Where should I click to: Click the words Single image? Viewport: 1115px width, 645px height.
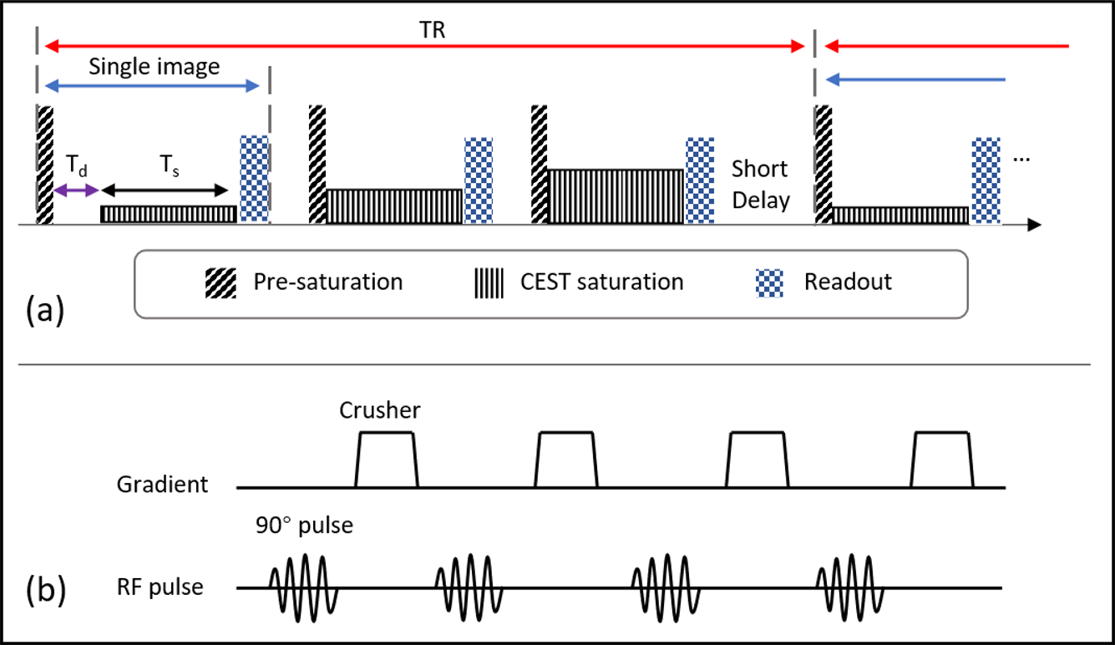pyautogui.click(x=155, y=67)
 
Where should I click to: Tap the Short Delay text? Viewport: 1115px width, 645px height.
pyautogui.click(x=760, y=185)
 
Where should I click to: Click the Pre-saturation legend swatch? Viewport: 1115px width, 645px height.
pyautogui.click(x=220, y=282)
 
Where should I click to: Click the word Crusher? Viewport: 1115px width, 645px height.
pyautogui.click(x=381, y=410)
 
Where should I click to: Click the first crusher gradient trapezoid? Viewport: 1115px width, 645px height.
pyautogui.click(x=386, y=459)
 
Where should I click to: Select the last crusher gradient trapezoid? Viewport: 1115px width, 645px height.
pyautogui.click(x=943, y=459)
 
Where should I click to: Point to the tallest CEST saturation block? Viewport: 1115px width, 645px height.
pyautogui.click(x=616, y=196)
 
